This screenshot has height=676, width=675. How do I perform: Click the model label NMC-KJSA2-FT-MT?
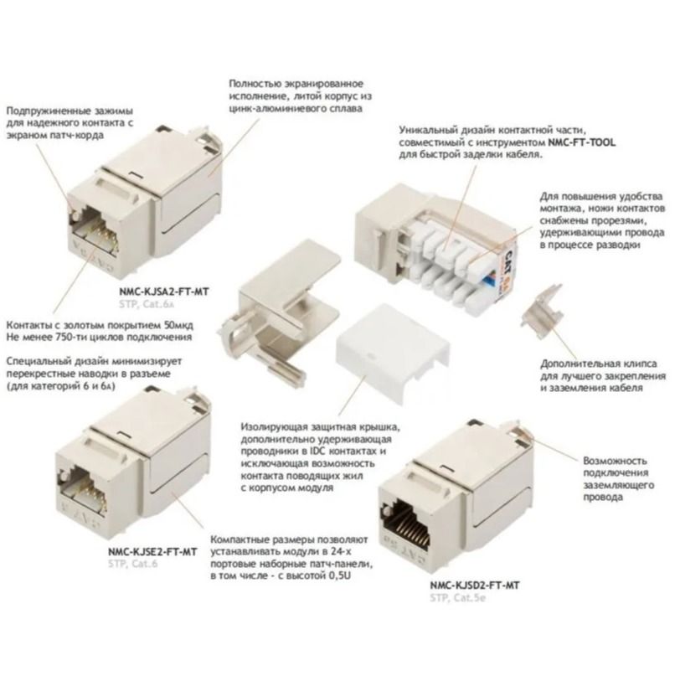164,292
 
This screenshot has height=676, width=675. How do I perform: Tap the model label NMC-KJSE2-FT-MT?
152,552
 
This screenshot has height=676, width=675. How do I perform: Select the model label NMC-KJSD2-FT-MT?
475,586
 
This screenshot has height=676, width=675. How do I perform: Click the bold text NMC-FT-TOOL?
582,142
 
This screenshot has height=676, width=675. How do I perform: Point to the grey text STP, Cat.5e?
457,598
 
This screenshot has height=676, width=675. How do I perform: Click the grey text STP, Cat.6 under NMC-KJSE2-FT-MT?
133,564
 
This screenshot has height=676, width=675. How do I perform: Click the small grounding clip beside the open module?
542,312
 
